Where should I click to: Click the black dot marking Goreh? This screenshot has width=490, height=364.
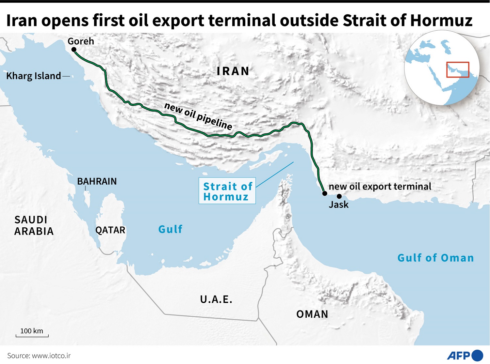[x=74, y=50]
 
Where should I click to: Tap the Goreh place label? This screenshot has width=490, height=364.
[x=81, y=41]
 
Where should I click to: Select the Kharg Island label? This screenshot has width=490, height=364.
[x=34, y=76]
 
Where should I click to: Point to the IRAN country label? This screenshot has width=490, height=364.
[x=233, y=71]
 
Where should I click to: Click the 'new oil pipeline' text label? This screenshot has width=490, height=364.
[x=198, y=116]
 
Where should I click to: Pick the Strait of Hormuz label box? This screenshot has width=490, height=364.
[x=227, y=191]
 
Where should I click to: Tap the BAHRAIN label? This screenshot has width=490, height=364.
[x=97, y=181]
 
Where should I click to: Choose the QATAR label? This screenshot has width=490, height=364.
[x=110, y=230]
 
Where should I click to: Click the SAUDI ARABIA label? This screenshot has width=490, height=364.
[x=34, y=225]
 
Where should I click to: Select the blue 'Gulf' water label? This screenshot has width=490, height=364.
[x=170, y=229]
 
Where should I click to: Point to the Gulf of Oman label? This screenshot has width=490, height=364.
[x=435, y=258]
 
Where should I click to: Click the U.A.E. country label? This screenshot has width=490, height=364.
[x=216, y=299]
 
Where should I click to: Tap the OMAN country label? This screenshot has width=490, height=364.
[x=312, y=314]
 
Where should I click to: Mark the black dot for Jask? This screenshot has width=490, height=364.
[x=339, y=196]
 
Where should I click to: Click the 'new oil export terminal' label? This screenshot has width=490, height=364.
[x=380, y=187]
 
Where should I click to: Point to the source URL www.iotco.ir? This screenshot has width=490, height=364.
[x=51, y=356]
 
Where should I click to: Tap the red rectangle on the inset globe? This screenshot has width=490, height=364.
[x=458, y=70]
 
